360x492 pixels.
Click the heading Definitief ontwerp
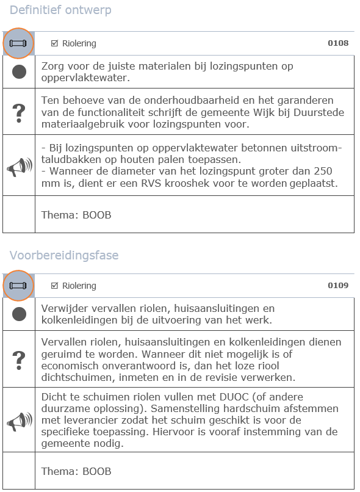[x=60, y=10]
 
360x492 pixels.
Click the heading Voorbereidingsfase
[x=64, y=254]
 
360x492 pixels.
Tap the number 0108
[x=338, y=43]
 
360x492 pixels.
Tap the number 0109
[x=338, y=286]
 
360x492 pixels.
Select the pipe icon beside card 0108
[x=19, y=43]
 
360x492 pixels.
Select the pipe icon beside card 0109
[x=19, y=286]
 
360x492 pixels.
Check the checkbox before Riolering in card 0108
[x=54, y=43]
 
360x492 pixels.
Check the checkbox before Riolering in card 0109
[x=54, y=286]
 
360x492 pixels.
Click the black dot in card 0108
[x=19, y=72]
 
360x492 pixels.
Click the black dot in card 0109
[x=19, y=314]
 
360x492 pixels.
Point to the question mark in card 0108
[x=19, y=112]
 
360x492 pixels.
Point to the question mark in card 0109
[x=19, y=359]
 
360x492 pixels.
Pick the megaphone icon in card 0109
[x=19, y=421]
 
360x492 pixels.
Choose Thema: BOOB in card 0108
[x=76, y=215]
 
